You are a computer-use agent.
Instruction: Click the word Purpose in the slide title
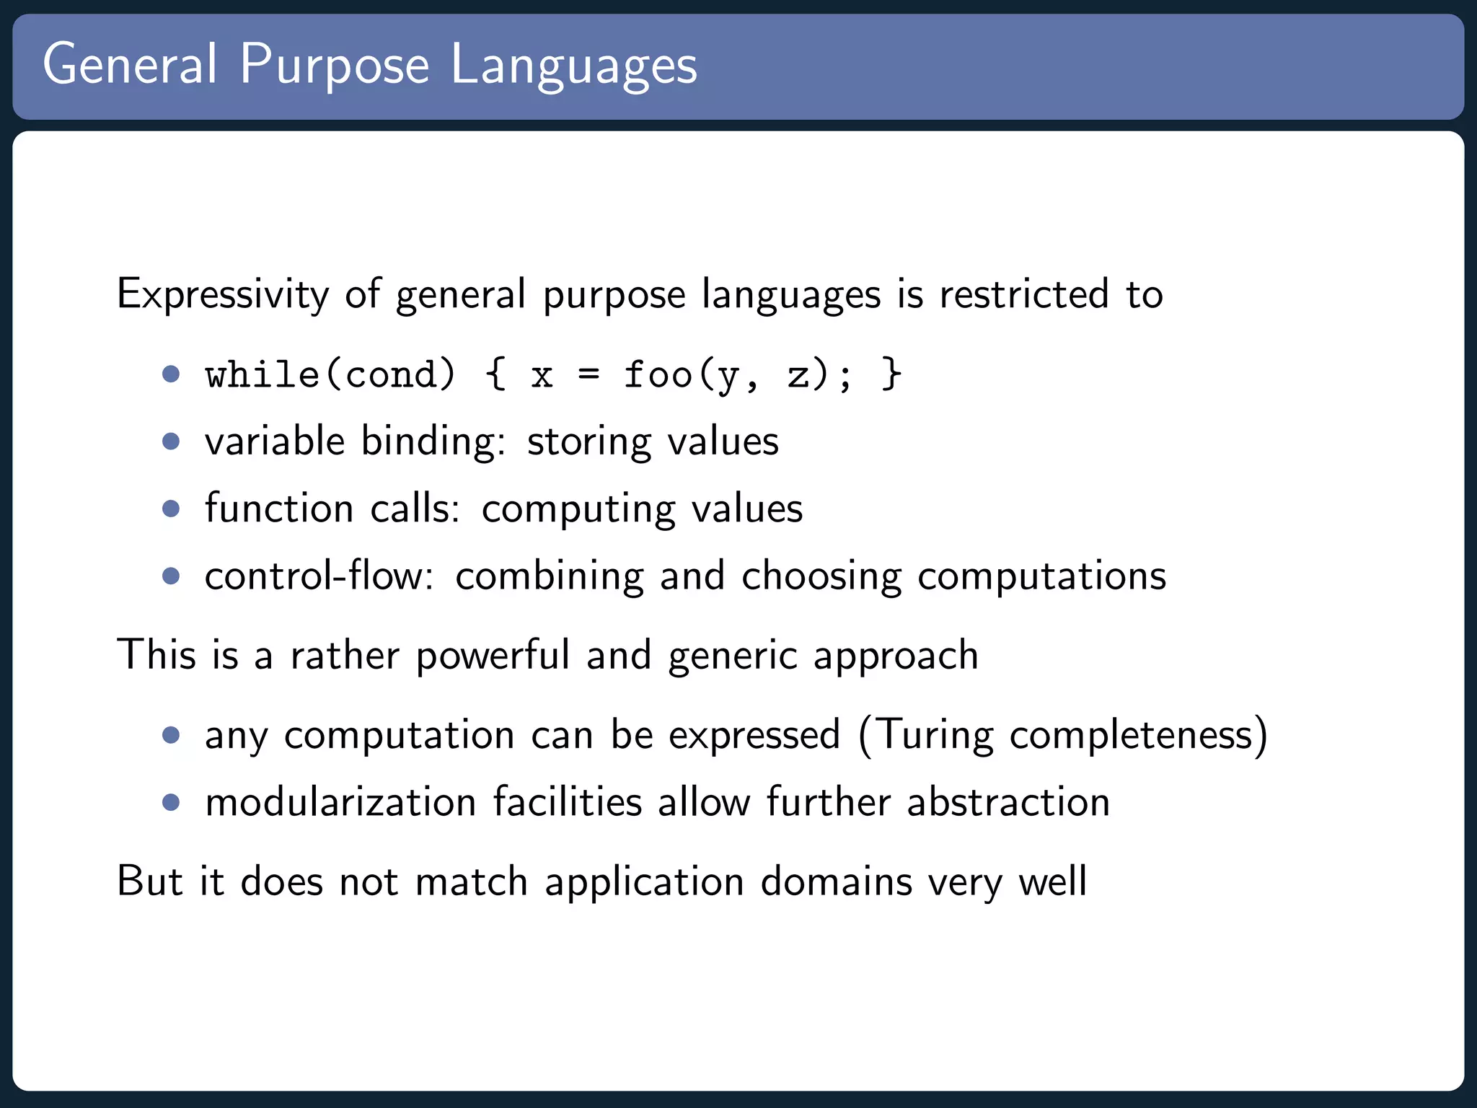point(335,66)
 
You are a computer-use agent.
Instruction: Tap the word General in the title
point(130,64)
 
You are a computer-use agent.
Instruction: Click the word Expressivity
point(223,295)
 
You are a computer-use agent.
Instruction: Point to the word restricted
point(1023,294)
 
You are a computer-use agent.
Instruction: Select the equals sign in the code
point(588,374)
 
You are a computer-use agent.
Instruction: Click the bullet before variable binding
point(171,441)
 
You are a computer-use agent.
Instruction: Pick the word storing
point(588,441)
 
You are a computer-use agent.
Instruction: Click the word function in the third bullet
point(279,508)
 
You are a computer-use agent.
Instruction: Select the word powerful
point(493,655)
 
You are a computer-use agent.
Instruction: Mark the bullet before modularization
point(171,802)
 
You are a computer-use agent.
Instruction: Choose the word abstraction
point(1008,802)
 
